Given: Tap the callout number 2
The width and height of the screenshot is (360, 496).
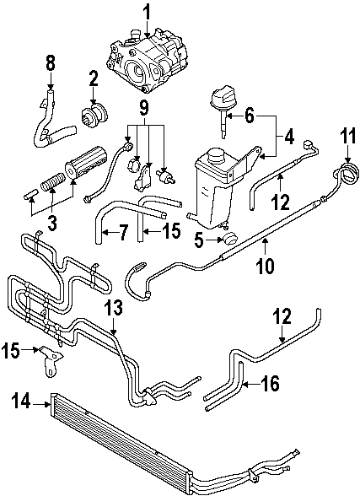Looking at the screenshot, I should tap(93, 79).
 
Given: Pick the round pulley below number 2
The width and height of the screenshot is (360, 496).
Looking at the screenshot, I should tap(94, 113).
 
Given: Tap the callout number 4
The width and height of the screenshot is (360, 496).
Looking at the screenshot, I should tap(288, 134).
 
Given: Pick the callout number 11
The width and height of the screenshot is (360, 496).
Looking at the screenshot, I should tap(347, 134).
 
